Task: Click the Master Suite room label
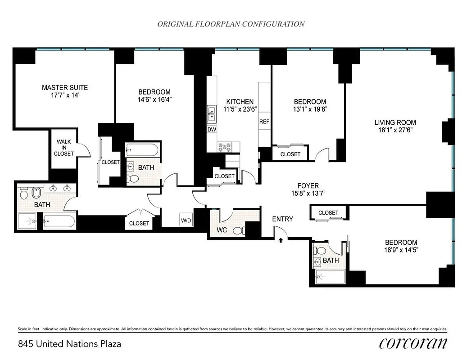(x=65, y=87)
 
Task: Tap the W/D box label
(x=185, y=220)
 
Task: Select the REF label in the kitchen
(x=264, y=121)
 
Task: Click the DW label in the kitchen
(x=212, y=130)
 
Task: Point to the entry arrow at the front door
(x=281, y=240)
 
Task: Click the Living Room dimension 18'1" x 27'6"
(x=395, y=130)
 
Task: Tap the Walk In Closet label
(x=64, y=148)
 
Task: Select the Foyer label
(x=308, y=185)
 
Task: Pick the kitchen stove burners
(x=224, y=146)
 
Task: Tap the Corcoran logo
(x=413, y=343)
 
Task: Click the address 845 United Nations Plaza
(x=69, y=344)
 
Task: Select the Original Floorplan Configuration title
(x=231, y=24)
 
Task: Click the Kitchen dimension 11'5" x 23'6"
(x=240, y=109)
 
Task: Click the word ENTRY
(x=282, y=219)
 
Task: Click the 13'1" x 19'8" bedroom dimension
(x=310, y=109)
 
